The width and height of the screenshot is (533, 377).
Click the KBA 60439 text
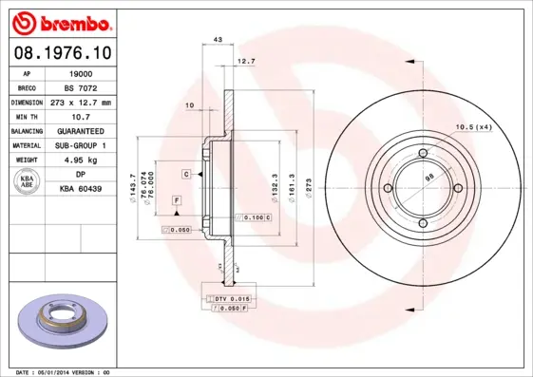tap(84, 190)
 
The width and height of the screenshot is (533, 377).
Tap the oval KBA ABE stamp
tap(28, 182)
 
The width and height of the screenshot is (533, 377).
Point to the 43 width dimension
tap(218, 40)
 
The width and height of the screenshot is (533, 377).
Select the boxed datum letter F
tap(177, 200)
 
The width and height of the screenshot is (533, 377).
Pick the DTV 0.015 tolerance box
tap(229, 299)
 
